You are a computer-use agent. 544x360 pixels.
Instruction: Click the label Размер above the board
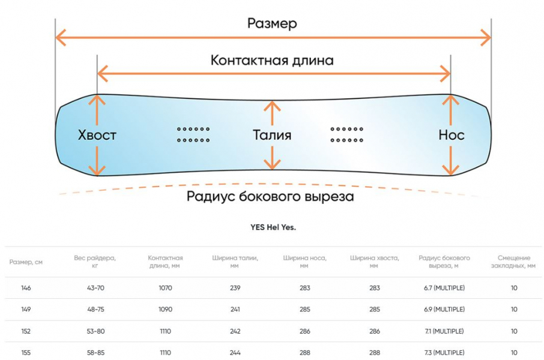272,23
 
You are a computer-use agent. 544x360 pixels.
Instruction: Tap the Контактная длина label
272,61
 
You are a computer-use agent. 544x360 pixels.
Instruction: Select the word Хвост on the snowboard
97,135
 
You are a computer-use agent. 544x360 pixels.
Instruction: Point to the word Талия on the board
272,135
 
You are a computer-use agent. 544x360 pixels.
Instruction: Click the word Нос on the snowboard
451,135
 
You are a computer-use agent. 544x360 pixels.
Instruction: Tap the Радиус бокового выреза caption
270,196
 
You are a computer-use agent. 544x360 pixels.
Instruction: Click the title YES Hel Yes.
273,227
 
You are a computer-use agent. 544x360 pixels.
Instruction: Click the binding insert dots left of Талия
193,134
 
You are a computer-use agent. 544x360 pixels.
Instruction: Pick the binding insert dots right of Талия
347,134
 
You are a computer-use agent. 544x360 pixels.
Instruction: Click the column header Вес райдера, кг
95,262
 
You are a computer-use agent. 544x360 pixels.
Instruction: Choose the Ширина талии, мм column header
235,262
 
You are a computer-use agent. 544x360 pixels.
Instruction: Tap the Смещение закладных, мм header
513,262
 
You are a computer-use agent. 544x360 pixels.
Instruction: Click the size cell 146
26,288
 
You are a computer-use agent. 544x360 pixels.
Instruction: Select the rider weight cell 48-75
95,310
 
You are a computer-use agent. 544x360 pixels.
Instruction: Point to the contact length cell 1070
165,288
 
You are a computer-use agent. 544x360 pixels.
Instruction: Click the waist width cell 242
235,331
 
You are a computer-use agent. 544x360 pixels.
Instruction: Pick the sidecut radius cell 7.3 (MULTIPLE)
444,353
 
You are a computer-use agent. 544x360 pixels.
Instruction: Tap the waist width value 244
235,353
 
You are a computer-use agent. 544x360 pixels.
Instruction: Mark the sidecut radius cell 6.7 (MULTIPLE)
444,288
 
